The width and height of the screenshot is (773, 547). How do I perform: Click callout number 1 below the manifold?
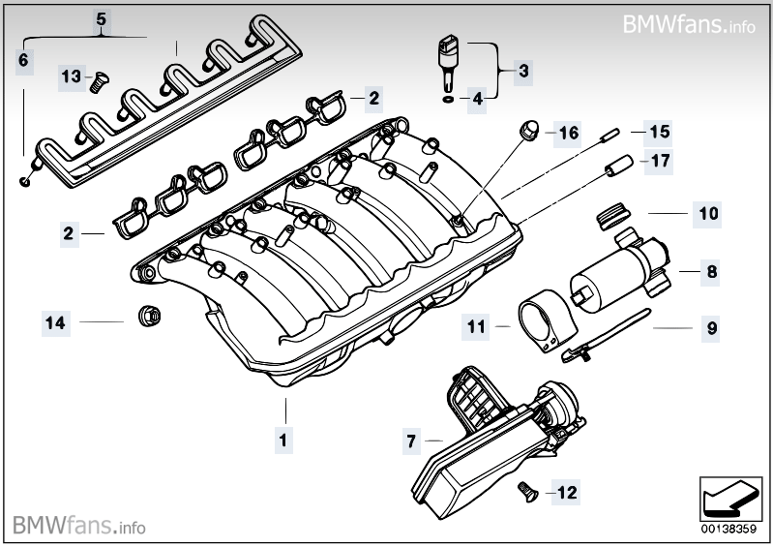(x=282, y=439)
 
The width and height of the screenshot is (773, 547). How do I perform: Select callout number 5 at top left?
(x=102, y=18)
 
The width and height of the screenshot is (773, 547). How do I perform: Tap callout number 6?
(x=24, y=61)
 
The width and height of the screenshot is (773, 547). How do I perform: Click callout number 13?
(x=71, y=76)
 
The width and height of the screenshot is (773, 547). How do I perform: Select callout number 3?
(x=522, y=70)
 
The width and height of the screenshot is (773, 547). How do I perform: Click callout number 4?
(x=477, y=98)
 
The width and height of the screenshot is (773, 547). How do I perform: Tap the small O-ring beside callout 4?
(x=446, y=98)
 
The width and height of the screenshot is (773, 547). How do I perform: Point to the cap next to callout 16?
(x=529, y=130)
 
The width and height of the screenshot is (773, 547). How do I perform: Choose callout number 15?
(x=658, y=131)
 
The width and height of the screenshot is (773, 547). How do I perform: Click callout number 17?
(x=658, y=160)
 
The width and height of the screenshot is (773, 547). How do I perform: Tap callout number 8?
(x=711, y=273)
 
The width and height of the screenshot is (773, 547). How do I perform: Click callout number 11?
(x=475, y=327)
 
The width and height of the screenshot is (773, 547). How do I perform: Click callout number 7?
(x=411, y=441)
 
